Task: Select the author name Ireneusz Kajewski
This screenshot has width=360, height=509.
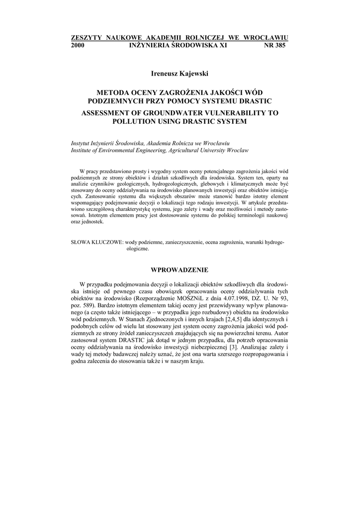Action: coord(180,74)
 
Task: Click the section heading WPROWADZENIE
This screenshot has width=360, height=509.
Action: coord(180,270)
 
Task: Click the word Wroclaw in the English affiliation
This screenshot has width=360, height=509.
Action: coord(238,150)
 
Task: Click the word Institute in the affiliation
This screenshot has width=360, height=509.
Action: coord(83,150)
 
